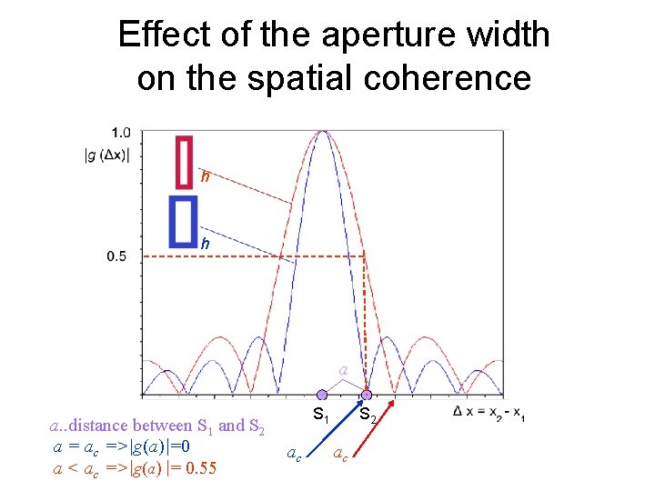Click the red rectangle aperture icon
(186, 162)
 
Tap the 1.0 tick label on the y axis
(120, 132)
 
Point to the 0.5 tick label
(116, 256)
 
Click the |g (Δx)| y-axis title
(106, 155)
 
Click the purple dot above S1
(321, 396)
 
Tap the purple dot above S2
(367, 396)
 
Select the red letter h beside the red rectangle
(207, 177)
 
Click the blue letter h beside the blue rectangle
(206, 244)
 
